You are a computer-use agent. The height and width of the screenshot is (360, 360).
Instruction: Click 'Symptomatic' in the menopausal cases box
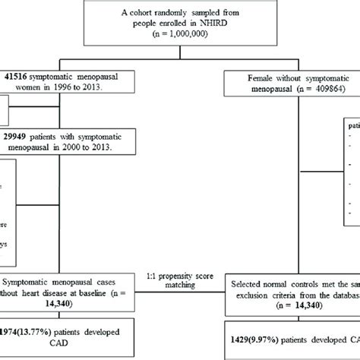tap(36, 281)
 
